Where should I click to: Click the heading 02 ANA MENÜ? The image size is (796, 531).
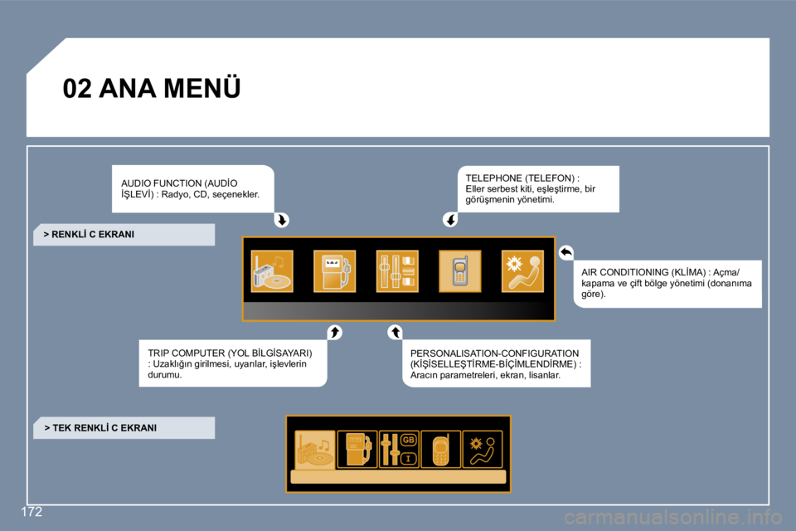tap(151, 88)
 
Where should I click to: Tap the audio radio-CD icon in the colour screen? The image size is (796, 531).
tap(272, 270)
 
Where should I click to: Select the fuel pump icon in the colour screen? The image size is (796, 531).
tap(334, 270)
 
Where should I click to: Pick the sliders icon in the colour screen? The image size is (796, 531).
tap(397, 270)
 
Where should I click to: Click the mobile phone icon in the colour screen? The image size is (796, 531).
tap(460, 270)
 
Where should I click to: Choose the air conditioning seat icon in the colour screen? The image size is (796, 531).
tap(522, 270)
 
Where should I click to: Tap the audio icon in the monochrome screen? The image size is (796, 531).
tap(315, 449)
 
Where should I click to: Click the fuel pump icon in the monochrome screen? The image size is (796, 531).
tap(357, 449)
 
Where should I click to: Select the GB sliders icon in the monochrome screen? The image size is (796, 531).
tap(399, 449)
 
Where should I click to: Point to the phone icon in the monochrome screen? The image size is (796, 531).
tap(440, 449)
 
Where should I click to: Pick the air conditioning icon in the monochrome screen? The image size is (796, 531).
tap(483, 449)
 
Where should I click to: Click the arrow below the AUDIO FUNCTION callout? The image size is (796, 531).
tap(282, 220)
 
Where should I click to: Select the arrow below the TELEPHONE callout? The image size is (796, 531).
tap(450, 220)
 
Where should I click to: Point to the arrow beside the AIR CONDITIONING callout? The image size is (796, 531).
tap(566, 252)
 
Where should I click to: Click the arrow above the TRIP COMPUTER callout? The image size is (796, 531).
tap(334, 333)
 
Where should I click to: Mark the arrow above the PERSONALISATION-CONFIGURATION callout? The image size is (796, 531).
tap(395, 333)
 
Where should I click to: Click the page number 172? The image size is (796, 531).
tap(32, 512)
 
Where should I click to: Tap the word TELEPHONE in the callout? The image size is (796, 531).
tap(493, 178)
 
